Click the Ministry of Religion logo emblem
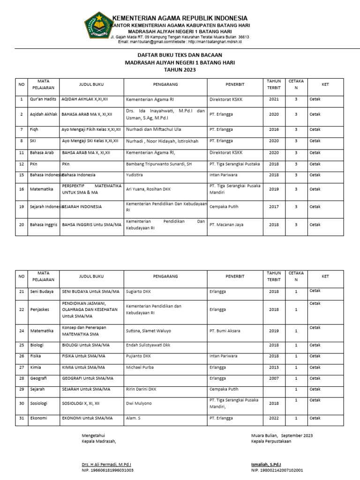98,25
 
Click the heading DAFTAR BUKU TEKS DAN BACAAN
180,55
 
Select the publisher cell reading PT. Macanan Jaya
225,225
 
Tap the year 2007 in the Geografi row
274,378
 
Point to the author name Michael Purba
140,367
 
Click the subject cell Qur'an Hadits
43,99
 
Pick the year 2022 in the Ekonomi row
274,418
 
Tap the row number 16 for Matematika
22,189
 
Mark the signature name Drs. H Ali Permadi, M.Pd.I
110,465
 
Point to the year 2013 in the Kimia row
274,367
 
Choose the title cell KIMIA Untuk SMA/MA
83,367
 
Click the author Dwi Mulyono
139,403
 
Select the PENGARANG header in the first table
165,84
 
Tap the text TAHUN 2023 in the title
180,69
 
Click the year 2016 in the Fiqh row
274,129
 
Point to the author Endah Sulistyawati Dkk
148,345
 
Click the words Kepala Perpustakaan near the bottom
271,441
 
